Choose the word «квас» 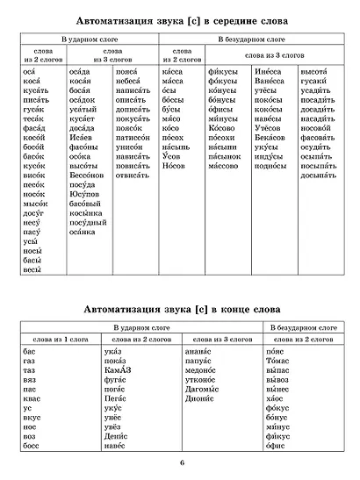(x=31, y=400)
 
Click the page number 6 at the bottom (x=180, y=463)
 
